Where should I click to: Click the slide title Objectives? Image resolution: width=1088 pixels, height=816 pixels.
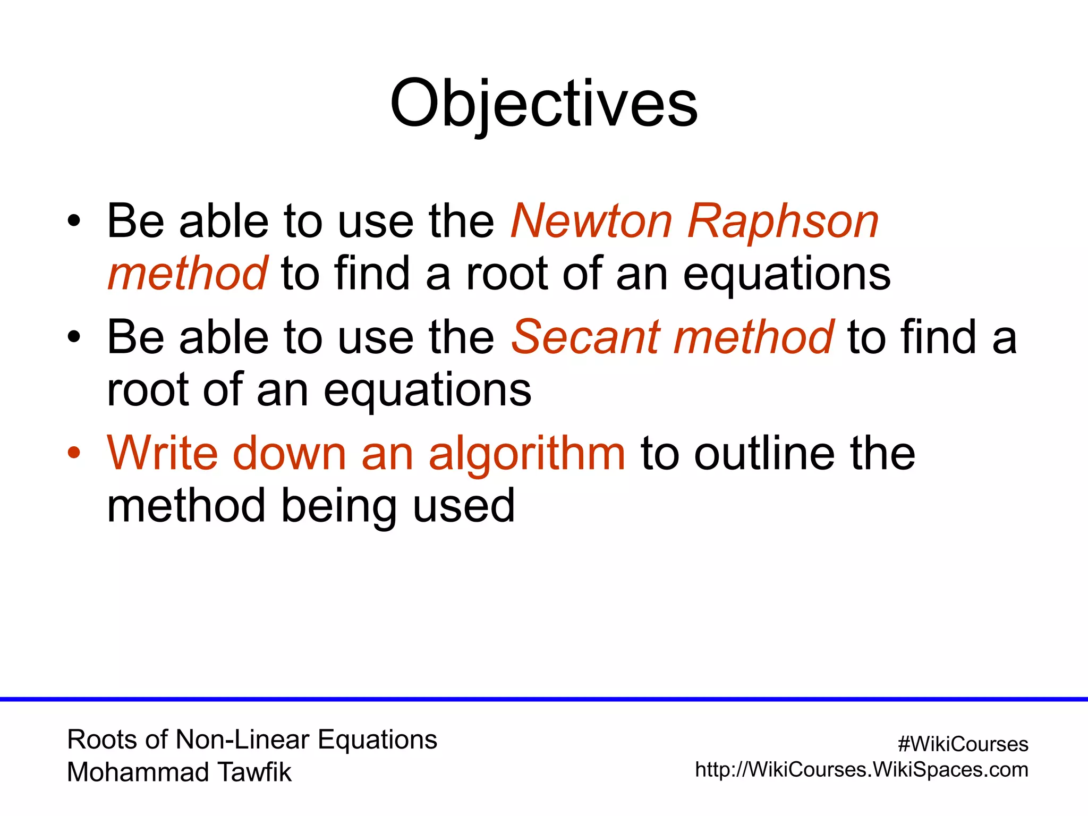pyautogui.click(x=543, y=104)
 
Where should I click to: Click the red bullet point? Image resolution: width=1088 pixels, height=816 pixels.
pyautogui.click(x=74, y=453)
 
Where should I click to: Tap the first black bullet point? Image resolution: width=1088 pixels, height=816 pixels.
pyautogui.click(x=74, y=220)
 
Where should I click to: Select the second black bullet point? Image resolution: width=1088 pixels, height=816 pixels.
pyautogui.click(x=74, y=337)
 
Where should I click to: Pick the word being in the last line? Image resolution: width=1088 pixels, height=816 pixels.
pyautogui.click(x=338, y=506)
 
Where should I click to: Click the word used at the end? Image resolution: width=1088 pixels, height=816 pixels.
pyautogui.click(x=463, y=506)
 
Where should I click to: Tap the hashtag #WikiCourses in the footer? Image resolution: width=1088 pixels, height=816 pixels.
pyautogui.click(x=963, y=744)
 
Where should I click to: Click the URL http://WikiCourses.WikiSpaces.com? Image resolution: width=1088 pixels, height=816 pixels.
pyautogui.click(x=861, y=769)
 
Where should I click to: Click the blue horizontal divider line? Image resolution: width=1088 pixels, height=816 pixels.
pyautogui.click(x=544, y=699)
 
